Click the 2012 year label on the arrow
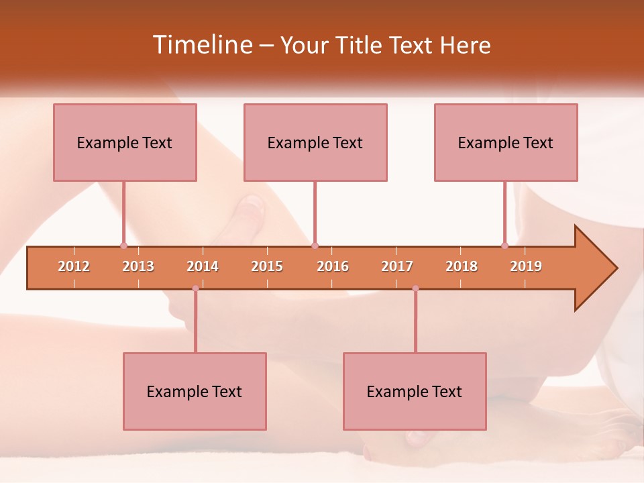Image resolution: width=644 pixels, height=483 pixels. pos(74,266)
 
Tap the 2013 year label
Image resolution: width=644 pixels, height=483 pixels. pos(138,266)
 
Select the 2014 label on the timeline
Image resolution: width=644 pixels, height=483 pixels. pos(203,266)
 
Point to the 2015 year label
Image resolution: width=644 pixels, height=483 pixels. pos(267,266)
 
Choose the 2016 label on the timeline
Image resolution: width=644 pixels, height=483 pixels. pos(333,266)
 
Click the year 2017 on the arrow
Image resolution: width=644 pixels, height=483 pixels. pos(397,266)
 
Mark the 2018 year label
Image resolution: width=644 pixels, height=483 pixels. pos(462,266)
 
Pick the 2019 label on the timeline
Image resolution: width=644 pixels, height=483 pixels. pos(526,266)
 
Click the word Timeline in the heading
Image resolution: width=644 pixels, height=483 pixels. pos(202,45)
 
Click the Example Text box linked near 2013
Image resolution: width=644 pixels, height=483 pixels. pos(125,142)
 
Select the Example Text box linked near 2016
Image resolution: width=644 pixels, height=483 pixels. pos(315,142)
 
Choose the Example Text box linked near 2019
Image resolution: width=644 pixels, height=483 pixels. pos(506,142)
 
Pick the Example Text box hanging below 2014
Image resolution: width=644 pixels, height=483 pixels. pos(195,391)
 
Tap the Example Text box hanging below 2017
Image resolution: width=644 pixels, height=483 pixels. pos(415,391)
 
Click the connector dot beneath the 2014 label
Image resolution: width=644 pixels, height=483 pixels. pos(195,288)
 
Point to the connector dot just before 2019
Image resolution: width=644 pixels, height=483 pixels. pos(505,246)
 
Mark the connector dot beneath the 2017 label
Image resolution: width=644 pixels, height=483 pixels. pos(415,288)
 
